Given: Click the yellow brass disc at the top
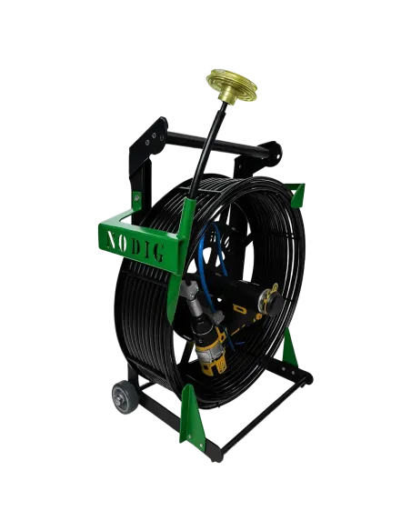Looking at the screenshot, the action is pyautogui.click(x=232, y=85).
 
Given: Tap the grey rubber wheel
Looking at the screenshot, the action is pyautogui.click(x=125, y=396).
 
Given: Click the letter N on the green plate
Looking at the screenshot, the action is pyautogui.click(x=111, y=239).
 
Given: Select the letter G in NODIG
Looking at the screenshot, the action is pyautogui.click(x=158, y=252).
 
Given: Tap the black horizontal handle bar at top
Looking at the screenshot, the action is pyautogui.click(x=216, y=144).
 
